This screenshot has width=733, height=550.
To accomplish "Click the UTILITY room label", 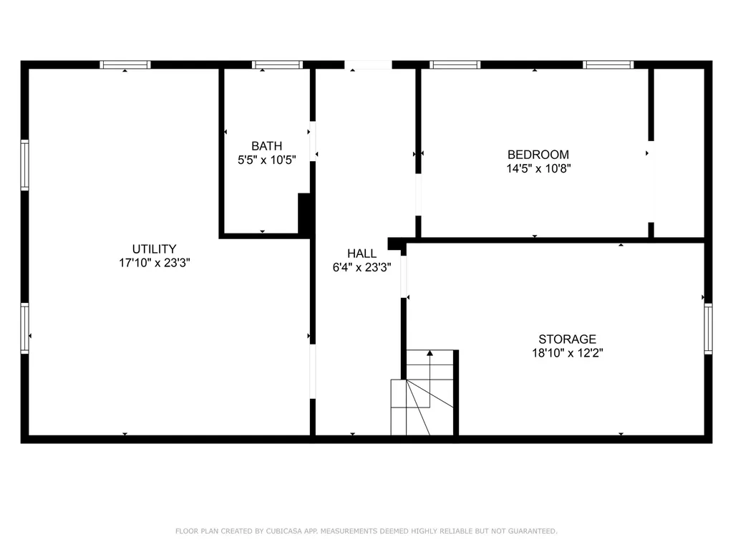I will (154, 249).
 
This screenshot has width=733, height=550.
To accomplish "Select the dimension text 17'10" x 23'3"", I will (154, 263).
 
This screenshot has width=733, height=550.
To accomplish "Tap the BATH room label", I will (266, 146).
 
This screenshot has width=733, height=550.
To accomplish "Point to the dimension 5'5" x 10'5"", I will (266, 160).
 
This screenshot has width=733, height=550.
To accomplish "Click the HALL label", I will (361, 253).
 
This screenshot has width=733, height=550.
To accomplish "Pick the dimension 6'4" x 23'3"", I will (361, 267).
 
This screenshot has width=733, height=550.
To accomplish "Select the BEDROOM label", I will (538, 154).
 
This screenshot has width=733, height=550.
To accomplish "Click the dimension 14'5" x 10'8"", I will (538, 169).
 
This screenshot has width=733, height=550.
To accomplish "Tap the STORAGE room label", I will (567, 339).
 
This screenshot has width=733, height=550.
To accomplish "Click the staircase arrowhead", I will (429, 352).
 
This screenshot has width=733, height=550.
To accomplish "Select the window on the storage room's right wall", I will (708, 329).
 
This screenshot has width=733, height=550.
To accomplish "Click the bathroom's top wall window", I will (278, 64).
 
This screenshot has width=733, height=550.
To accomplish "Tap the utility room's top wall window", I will (125, 64).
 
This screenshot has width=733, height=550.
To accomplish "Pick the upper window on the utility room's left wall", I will (25, 165).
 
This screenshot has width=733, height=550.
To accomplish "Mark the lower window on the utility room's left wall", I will (25, 328).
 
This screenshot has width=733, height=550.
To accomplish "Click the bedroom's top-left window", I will (455, 64).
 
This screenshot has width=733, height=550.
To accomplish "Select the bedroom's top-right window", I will (608, 64).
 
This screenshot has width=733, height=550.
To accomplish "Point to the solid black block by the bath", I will (304, 214).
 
